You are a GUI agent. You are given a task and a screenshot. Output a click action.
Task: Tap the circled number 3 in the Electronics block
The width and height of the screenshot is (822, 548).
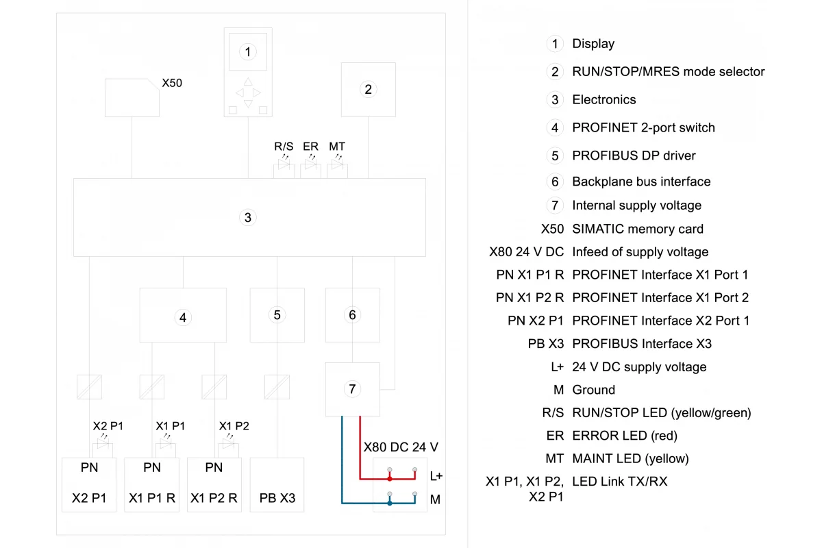pos(248,218)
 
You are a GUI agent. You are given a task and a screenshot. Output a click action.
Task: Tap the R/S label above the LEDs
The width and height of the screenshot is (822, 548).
pos(284,147)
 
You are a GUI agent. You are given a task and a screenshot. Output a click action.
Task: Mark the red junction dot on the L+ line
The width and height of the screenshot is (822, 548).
pos(390,479)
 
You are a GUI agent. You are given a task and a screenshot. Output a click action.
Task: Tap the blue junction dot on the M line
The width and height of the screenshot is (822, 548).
pos(390,503)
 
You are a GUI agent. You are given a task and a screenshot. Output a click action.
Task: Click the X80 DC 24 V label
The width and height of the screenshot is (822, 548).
pos(401,447)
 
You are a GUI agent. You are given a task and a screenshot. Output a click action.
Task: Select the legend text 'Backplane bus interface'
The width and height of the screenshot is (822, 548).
pos(641,182)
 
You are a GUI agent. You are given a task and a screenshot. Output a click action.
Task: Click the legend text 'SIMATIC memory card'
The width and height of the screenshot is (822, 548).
pos(638,229)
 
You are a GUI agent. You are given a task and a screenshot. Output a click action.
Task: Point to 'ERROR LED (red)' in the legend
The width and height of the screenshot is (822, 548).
pos(625,436)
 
